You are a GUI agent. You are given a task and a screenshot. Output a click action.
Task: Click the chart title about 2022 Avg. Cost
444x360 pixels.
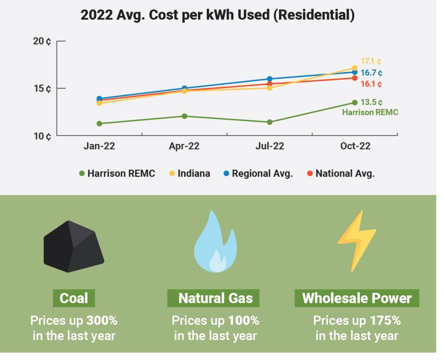coord(217,15)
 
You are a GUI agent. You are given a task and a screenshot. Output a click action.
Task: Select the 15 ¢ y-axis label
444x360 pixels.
coord(42,88)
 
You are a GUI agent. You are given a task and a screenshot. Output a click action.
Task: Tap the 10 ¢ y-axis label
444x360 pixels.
coord(42,136)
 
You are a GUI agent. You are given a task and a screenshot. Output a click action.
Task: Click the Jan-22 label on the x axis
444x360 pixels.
coord(99,146)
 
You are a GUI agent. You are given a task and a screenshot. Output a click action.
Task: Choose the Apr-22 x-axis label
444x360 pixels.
coord(184,146)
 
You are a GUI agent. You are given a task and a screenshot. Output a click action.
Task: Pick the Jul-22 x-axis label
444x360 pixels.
coord(269,146)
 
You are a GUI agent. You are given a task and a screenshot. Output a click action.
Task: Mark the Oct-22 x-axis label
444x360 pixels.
coord(355,146)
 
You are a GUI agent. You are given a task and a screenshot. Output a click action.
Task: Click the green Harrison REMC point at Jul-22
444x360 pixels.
coord(270,122)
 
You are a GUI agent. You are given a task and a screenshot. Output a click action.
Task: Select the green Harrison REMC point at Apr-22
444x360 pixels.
coord(185,116)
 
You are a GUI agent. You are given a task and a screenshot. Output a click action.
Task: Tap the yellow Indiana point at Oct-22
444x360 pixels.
coord(355,68)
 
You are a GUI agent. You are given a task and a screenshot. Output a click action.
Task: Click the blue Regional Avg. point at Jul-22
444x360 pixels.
coord(270,79)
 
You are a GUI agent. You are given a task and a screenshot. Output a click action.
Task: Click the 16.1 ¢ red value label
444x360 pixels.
coord(371,84)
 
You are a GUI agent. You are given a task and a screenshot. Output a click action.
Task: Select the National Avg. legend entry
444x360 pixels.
coord(341,174)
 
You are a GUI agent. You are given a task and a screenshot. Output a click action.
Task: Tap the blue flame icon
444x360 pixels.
coord(215,242)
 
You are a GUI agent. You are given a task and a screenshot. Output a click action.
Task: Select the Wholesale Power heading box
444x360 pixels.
coord(357,298)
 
